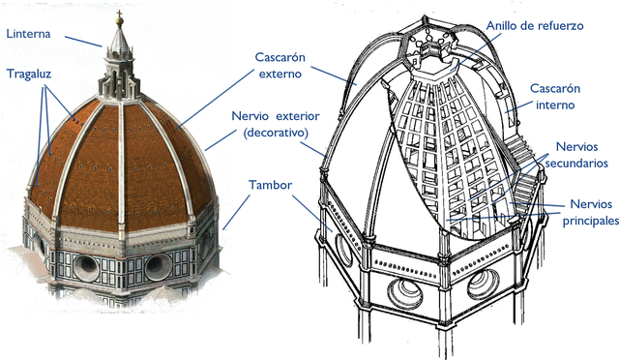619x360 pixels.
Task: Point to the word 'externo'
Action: click(280, 73)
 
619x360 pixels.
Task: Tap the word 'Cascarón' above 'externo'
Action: click(280, 57)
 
